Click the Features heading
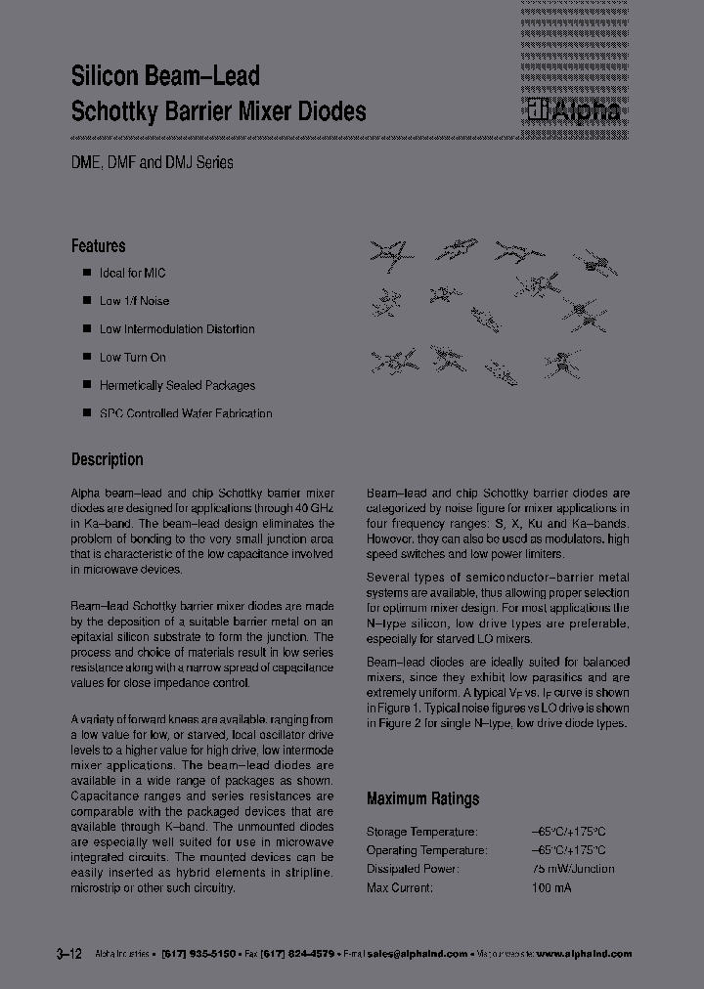pyautogui.click(x=99, y=246)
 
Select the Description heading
pyautogui.click(x=108, y=459)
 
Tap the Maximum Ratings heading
pyautogui.click(x=422, y=798)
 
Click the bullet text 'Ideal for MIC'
pyautogui.click(x=133, y=273)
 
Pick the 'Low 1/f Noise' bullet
pyautogui.click(x=134, y=301)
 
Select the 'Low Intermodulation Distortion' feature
pyautogui.click(x=177, y=329)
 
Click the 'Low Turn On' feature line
pyautogui.click(x=133, y=358)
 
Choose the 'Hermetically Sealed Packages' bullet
pyautogui.click(x=177, y=385)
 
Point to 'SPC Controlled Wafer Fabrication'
pyautogui.click(x=186, y=413)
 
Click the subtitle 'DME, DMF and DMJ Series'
pyautogui.click(x=153, y=163)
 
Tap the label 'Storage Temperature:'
pyautogui.click(x=422, y=831)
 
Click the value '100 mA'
pyautogui.click(x=551, y=887)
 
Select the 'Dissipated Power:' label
pyautogui.click(x=412, y=869)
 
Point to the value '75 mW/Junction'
pyautogui.click(x=573, y=869)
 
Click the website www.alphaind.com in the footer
pyautogui.click(x=585, y=954)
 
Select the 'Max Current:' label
pyautogui.click(x=400, y=887)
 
